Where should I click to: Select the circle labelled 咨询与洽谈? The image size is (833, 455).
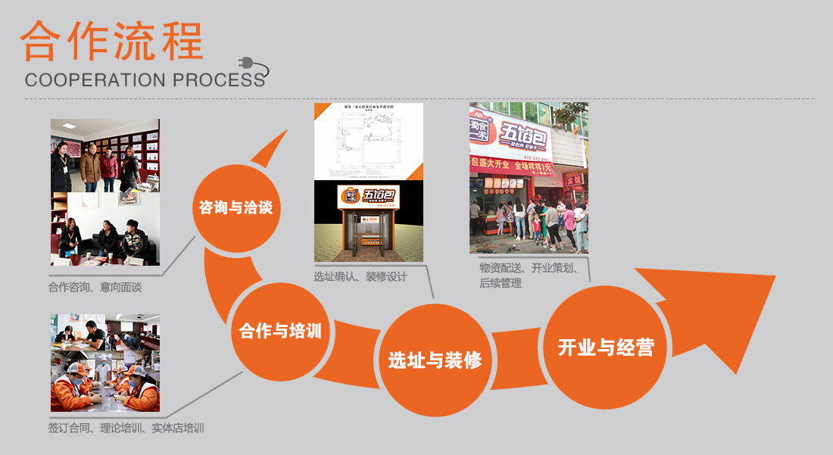point(236,207)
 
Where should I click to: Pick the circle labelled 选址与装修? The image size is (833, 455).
point(435,359)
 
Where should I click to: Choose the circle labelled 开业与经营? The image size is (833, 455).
point(605,347)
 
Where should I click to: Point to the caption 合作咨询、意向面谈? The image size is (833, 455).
point(95,288)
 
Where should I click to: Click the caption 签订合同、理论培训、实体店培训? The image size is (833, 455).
point(126,428)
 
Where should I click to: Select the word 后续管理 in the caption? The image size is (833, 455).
point(501,283)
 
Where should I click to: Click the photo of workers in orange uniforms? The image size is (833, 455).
point(105,380)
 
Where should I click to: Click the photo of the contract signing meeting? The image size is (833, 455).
point(105,330)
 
